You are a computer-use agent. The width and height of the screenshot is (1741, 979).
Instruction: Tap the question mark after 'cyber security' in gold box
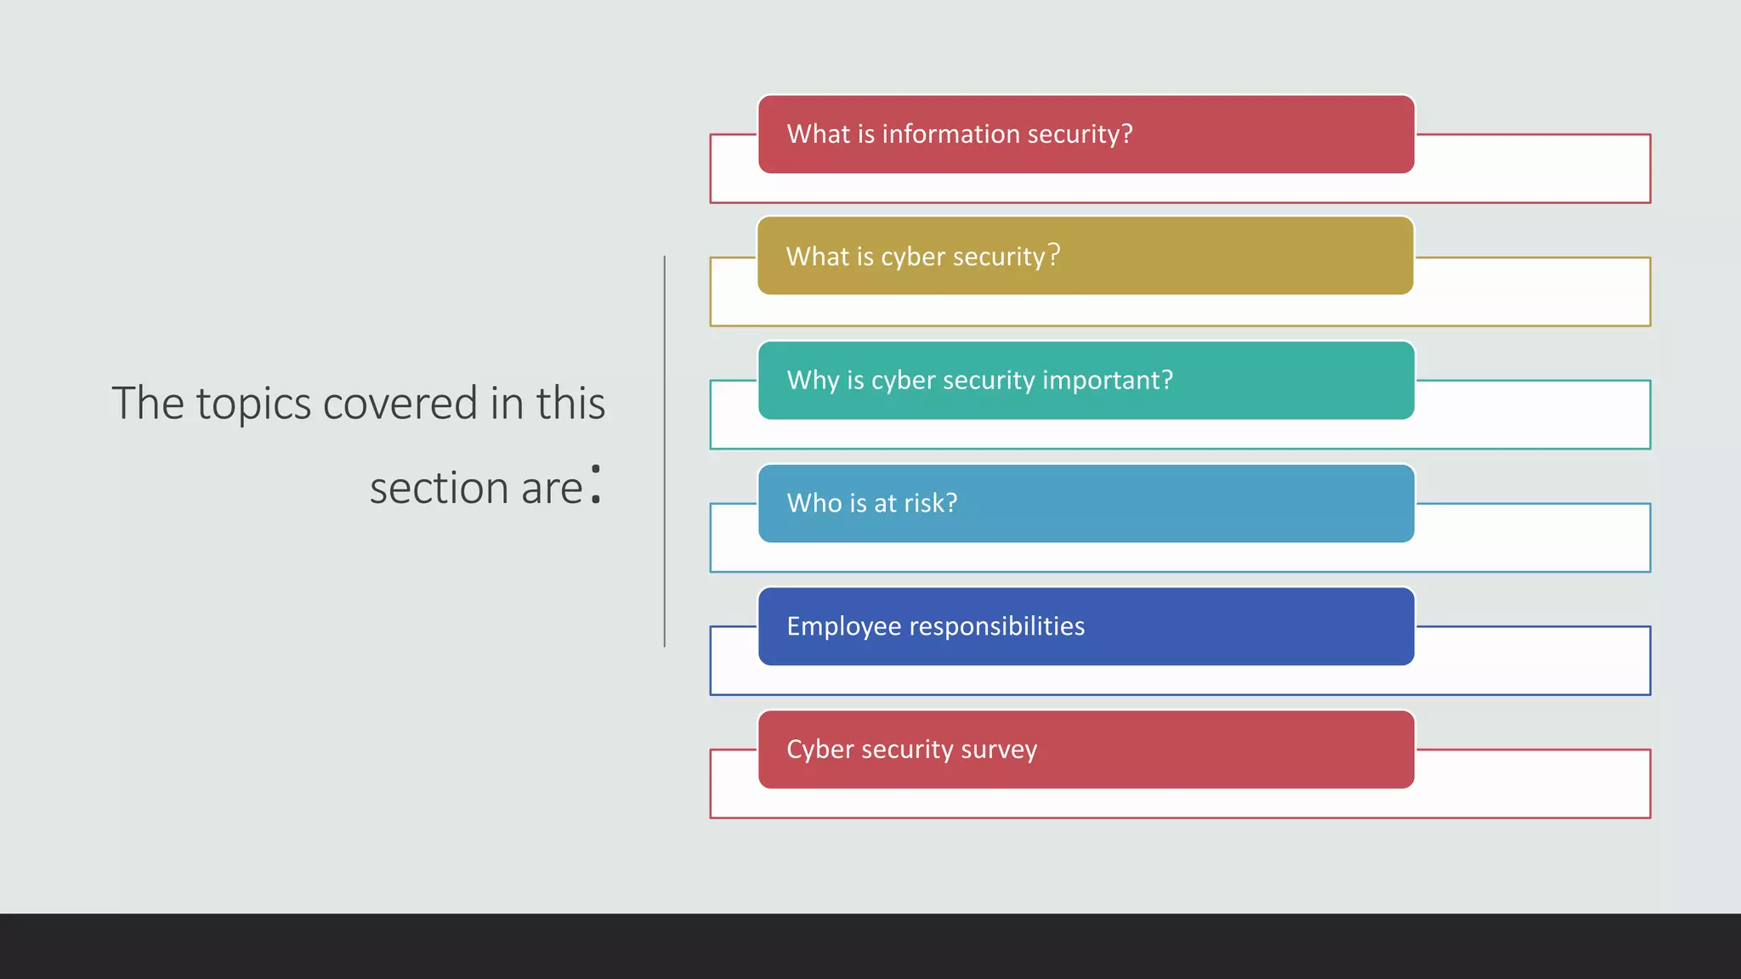point(1054,254)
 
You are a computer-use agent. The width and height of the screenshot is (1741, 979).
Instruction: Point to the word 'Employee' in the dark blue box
point(843,627)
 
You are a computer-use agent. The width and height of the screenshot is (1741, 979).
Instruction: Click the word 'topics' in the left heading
point(253,405)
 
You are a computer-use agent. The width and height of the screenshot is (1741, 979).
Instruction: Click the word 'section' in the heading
point(439,489)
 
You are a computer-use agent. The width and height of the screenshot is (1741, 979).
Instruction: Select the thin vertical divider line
point(665,450)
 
